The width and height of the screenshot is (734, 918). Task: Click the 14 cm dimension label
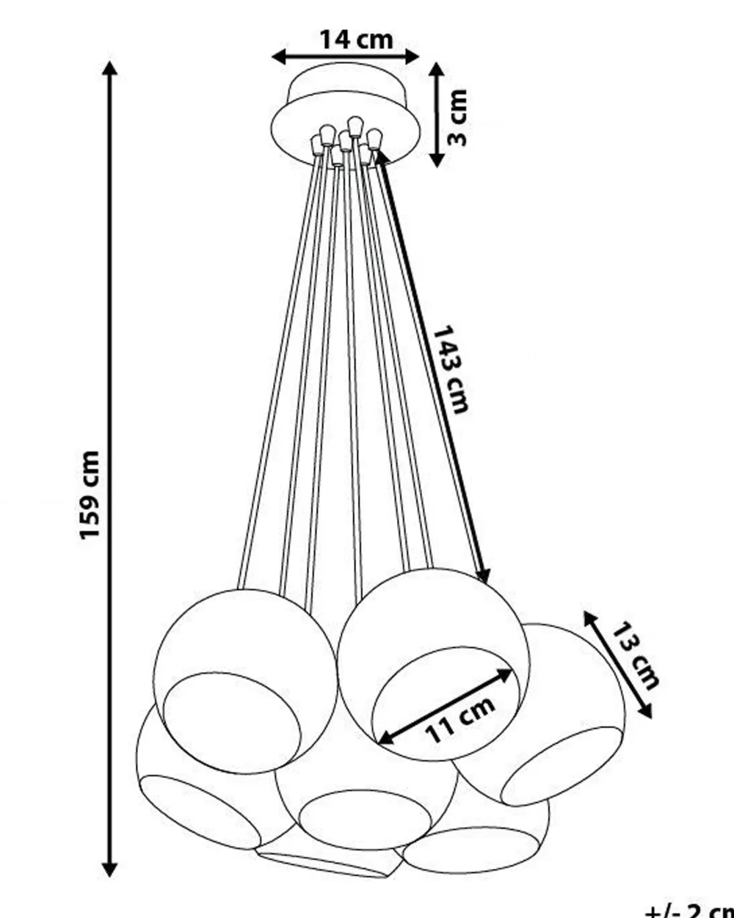point(355,39)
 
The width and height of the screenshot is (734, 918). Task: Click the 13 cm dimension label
point(636,655)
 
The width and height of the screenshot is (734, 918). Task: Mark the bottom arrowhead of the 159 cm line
point(110,870)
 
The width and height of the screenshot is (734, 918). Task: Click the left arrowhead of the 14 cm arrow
point(278,57)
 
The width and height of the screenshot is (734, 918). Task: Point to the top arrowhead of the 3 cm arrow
point(437,70)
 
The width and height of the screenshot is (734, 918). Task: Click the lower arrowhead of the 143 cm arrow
point(483,577)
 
